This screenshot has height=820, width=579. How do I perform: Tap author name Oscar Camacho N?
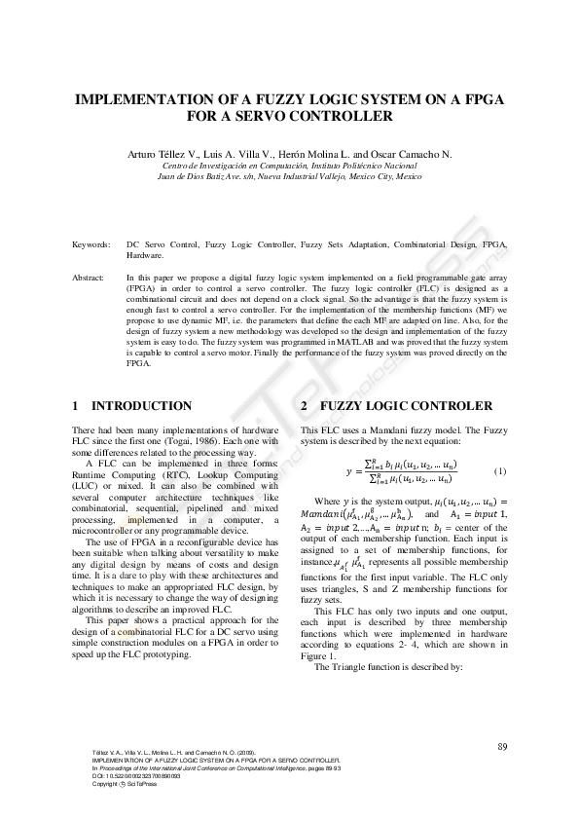[x=416, y=154]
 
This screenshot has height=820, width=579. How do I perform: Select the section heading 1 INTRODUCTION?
[x=132, y=405]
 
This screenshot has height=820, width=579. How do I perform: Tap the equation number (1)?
[x=499, y=471]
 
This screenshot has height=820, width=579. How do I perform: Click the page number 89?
[x=502, y=746]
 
